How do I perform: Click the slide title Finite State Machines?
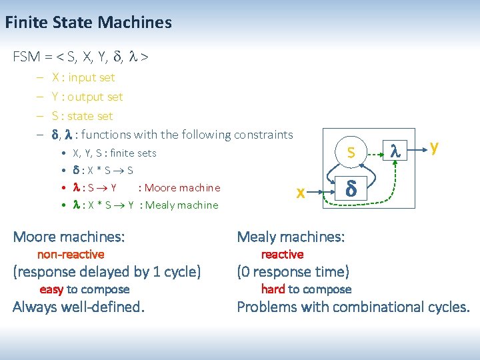tap(88, 23)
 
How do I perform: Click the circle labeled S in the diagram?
tap(351, 153)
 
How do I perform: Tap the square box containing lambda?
tap(394, 153)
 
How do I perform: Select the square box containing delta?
tap(351, 189)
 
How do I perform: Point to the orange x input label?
tap(301, 192)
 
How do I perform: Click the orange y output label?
tap(434, 146)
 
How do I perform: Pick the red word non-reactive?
tap(71, 254)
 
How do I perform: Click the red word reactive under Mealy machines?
tap(282, 254)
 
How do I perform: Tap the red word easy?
tap(51, 289)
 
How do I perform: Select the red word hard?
tap(273, 289)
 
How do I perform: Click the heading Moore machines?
tap(69, 237)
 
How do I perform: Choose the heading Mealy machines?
tap(291, 237)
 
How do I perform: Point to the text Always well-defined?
tap(79, 307)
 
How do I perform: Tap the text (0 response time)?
tap(293, 272)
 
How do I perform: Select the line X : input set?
tap(83, 77)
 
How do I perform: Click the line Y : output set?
tap(87, 97)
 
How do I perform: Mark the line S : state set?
tap(82, 116)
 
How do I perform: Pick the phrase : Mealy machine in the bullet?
tap(179, 205)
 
